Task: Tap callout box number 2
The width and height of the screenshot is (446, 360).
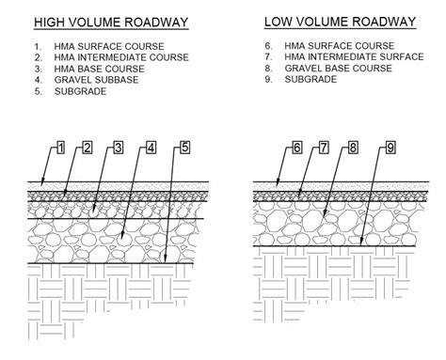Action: tap(87, 148)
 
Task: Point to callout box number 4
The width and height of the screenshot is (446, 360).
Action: tap(151, 148)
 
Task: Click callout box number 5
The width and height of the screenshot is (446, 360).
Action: tap(184, 148)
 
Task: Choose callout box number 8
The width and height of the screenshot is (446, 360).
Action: tap(354, 148)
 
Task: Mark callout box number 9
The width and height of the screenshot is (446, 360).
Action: tap(390, 148)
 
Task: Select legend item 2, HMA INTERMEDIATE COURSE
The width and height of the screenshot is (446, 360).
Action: tap(122, 56)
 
